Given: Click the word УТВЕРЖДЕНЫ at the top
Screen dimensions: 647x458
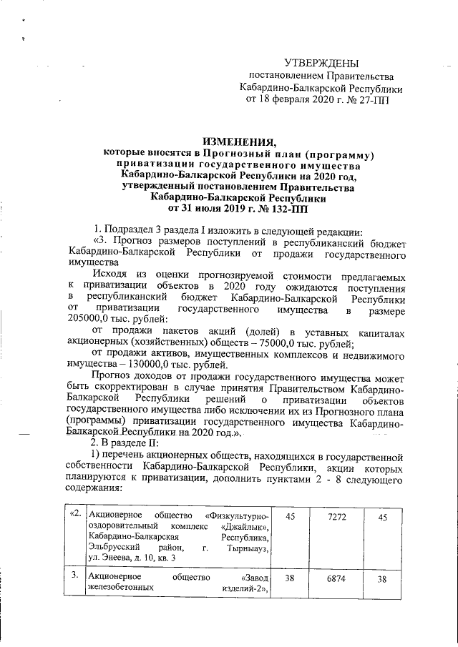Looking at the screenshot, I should click(x=321, y=64).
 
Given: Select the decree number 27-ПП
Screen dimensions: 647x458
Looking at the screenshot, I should click(x=374, y=99).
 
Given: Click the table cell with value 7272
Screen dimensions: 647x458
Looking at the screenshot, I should click(x=331, y=515).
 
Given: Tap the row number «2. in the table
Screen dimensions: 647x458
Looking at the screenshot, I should click(x=74, y=515).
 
